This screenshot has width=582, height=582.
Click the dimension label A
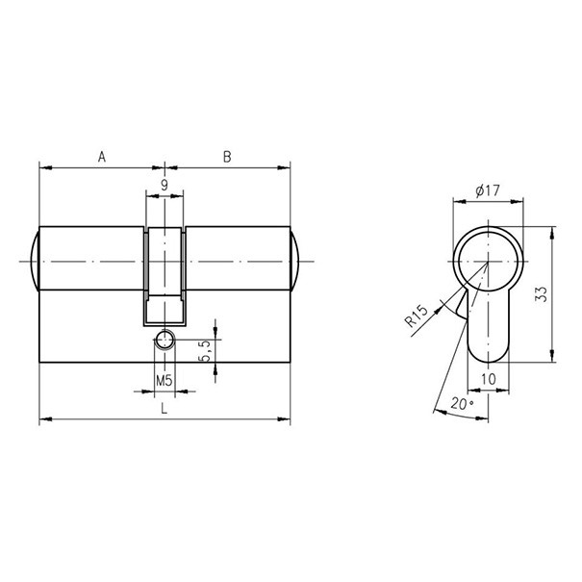click(102, 157)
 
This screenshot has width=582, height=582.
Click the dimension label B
click(227, 157)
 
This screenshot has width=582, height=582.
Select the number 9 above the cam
click(164, 185)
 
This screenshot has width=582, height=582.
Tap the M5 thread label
click(164, 380)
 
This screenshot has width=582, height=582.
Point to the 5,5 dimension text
click(205, 351)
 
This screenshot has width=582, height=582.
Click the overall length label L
click(164, 409)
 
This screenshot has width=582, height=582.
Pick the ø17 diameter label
click(488, 190)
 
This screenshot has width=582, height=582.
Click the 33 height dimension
click(543, 294)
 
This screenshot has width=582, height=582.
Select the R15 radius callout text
click(417, 316)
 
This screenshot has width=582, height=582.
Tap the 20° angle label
click(463, 403)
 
